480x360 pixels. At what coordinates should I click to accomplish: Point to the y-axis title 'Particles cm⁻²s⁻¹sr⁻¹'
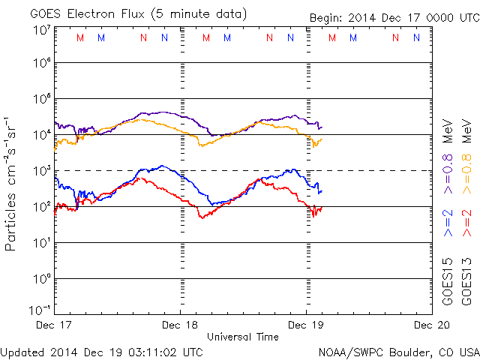coord(11,183)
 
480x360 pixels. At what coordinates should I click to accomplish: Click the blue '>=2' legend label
coord(448,223)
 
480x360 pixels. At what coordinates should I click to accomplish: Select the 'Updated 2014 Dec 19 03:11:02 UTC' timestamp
coord(101,351)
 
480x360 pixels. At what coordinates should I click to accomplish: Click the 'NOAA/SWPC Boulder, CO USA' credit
coord(398,351)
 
